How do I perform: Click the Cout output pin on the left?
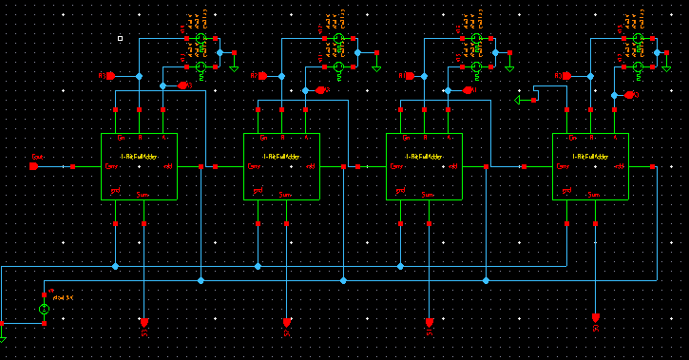34,166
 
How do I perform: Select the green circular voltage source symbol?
44,310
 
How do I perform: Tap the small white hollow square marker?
120,39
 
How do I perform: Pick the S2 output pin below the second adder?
287,320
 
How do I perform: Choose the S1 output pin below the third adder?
430,320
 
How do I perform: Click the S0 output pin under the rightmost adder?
596,316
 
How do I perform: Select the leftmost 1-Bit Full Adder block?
139,166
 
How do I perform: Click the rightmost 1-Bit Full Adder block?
590,166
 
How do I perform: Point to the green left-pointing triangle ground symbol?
518,100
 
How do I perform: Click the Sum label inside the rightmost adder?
590,193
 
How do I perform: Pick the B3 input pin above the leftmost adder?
181,85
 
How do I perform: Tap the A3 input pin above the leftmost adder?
109,75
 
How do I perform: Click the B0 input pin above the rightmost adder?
629,95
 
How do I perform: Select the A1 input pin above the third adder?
408,75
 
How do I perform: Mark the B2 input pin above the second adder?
322,90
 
